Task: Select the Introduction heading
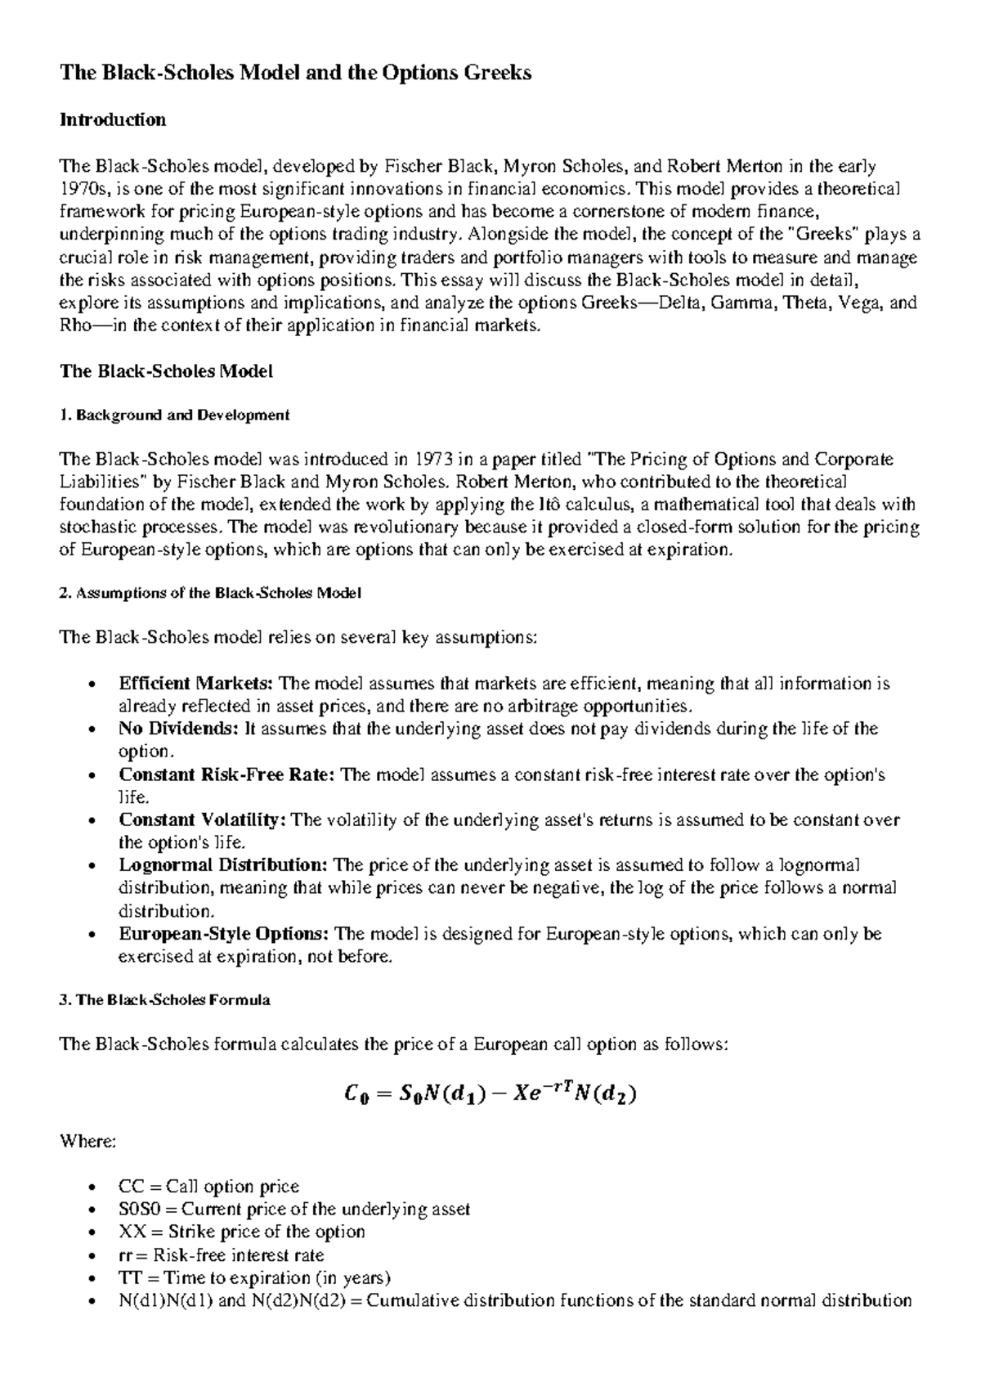[113, 120]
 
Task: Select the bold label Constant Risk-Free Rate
[226, 774]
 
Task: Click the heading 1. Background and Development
[175, 415]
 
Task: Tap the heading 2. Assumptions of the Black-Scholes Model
[210, 594]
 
